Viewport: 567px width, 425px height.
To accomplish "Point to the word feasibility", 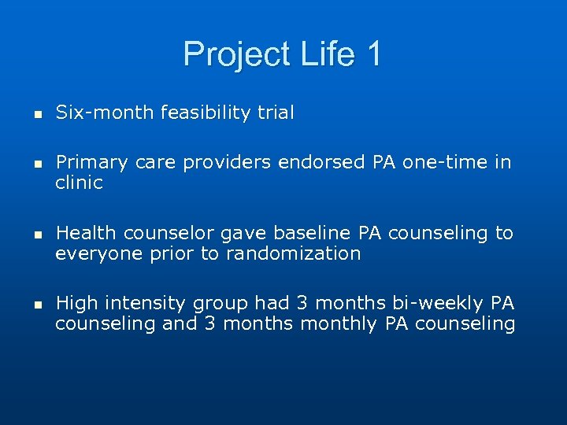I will tap(206, 113).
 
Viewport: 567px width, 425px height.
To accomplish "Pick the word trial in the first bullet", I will tap(276, 113).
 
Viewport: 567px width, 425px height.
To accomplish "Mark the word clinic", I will tap(79, 183).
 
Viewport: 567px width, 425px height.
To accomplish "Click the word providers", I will tap(222, 163).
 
